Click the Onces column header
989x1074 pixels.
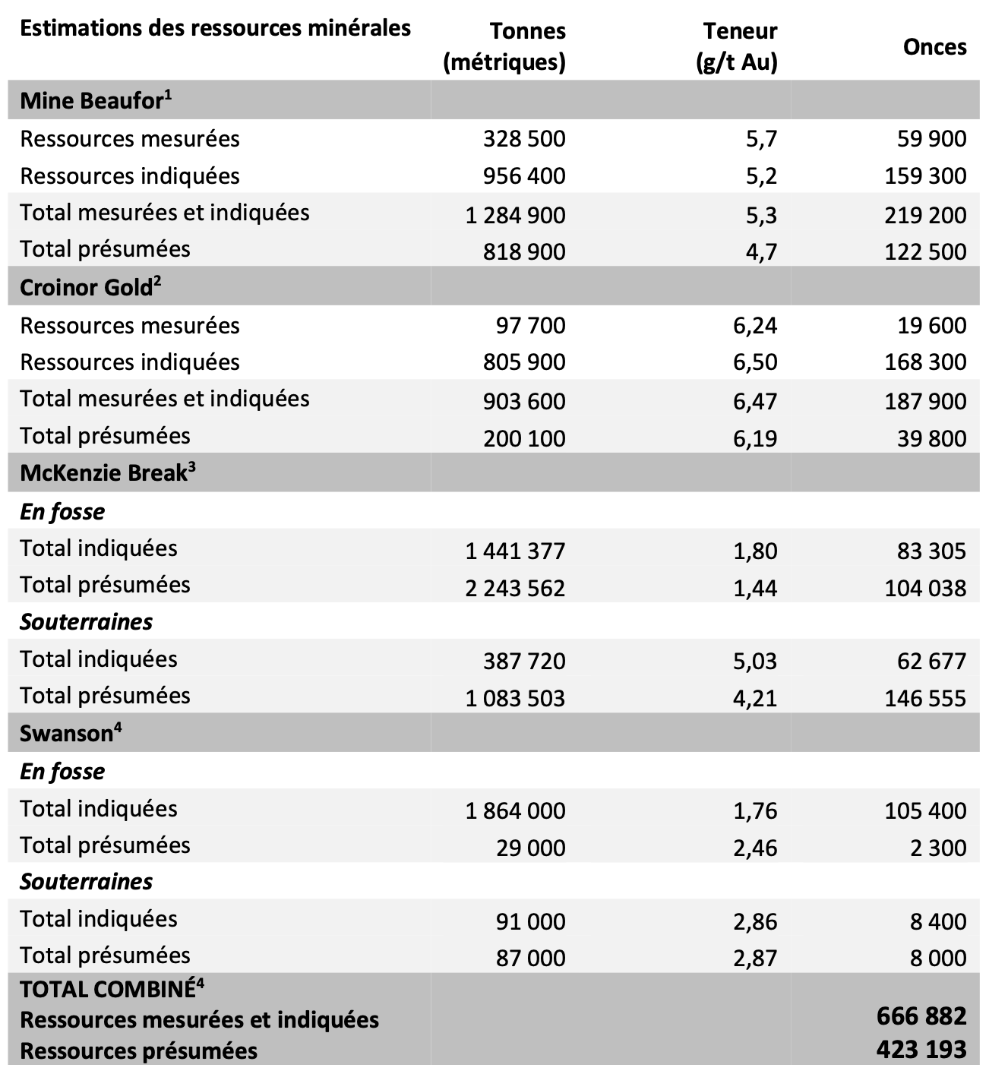934,47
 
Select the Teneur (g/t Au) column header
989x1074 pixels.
736,47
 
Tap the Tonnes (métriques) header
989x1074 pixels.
504,47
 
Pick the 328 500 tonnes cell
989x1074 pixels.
524,139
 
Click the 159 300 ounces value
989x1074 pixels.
925,176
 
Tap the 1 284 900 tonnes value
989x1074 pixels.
515,215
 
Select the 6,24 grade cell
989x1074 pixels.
755,326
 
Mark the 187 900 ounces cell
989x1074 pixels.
925,401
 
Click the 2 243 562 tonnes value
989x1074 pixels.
515,588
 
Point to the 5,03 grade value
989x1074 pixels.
755,661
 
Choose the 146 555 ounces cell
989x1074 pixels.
925,698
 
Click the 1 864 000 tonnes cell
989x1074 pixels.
515,810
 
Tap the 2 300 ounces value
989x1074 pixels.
938,848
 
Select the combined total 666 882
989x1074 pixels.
921,1016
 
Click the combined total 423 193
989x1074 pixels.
921,1050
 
